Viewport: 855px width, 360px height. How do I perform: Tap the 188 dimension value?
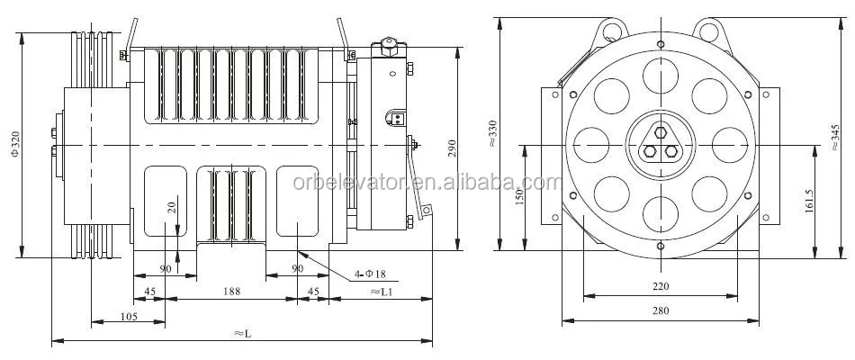[x=231, y=291]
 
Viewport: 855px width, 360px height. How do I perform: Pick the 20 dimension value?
[x=170, y=206]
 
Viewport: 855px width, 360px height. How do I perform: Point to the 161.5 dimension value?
[x=810, y=200]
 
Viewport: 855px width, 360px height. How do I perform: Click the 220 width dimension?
[x=661, y=287]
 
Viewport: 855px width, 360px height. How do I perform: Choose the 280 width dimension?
[x=661, y=312]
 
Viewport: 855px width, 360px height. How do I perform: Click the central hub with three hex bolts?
[x=661, y=145]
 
